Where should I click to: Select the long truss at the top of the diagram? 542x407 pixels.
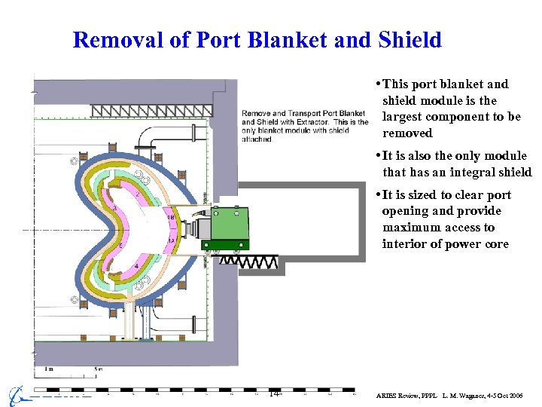click(151, 112)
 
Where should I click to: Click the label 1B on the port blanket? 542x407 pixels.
click(171, 217)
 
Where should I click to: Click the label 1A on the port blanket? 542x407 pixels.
click(171, 240)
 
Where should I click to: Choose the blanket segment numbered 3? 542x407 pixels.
click(114, 207)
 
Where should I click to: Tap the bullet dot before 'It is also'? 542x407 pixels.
click(378, 156)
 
